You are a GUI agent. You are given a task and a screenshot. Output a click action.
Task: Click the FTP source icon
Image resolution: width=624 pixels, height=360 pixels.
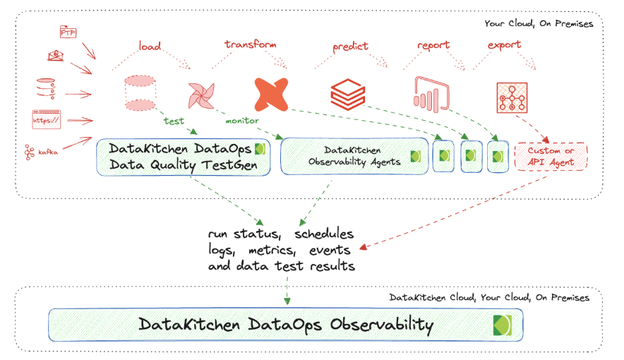point(68,32)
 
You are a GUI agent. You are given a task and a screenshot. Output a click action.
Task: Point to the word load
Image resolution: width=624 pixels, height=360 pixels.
point(150,47)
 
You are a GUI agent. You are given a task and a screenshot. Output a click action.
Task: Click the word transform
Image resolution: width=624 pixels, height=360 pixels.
point(250,44)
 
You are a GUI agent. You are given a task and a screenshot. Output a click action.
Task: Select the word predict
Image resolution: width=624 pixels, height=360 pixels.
point(350,47)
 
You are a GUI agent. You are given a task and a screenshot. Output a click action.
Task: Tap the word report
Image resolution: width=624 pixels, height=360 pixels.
point(433,45)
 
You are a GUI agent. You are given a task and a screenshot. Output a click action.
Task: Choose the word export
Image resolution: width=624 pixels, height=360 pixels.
point(504,45)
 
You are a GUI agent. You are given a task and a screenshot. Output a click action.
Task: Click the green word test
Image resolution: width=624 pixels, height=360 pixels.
point(174,121)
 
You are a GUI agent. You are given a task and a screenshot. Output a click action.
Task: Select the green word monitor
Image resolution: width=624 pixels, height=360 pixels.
point(242,121)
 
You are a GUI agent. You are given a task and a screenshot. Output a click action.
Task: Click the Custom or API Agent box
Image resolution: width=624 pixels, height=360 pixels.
point(551,156)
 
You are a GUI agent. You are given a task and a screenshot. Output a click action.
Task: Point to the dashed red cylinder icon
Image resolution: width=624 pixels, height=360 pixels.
point(140,92)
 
